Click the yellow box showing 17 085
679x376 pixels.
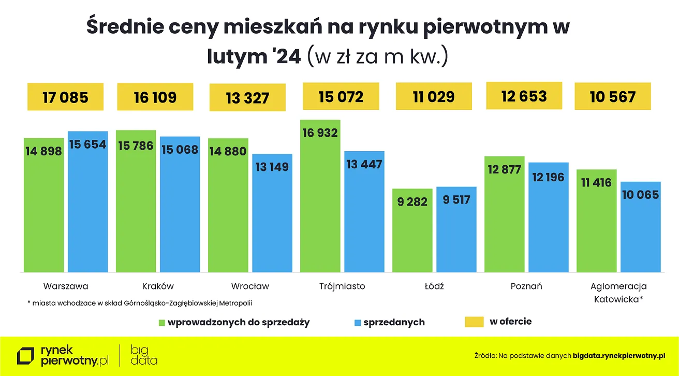[x=65, y=97]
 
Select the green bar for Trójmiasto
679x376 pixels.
[x=320, y=202]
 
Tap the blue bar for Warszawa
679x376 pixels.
[x=88, y=207]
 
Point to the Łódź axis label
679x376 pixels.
[x=434, y=286]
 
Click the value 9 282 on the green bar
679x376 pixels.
[x=412, y=201]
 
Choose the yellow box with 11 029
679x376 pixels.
[x=434, y=96]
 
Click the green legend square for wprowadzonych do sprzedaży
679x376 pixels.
[x=161, y=323]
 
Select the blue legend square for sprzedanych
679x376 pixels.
[x=357, y=323]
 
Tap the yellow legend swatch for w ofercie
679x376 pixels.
[x=474, y=322]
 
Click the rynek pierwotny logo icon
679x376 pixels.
[x=26, y=356]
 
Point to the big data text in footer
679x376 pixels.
[x=143, y=355]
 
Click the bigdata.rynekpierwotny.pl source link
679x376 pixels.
[x=618, y=356]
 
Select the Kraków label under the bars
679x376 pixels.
[x=158, y=286]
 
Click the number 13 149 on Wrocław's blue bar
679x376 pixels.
[x=272, y=167]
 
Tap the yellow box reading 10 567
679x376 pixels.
[x=612, y=97]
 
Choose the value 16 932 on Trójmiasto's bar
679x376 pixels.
[x=320, y=133]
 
